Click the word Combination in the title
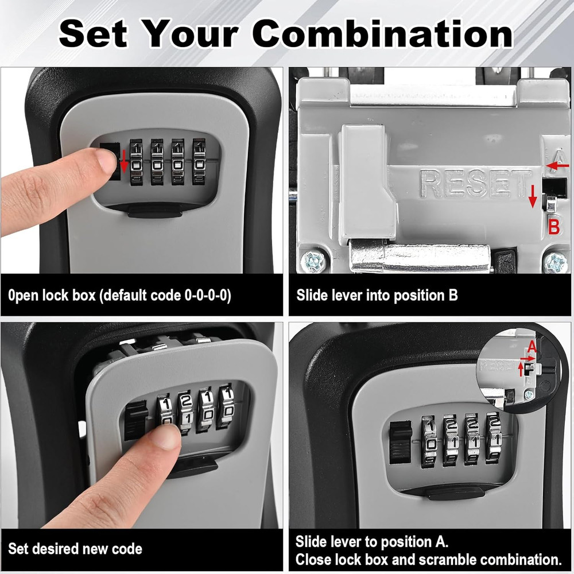(383, 34)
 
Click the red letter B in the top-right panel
(554, 227)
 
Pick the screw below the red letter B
(555, 263)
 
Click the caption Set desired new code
(75, 549)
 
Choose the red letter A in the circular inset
(532, 346)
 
